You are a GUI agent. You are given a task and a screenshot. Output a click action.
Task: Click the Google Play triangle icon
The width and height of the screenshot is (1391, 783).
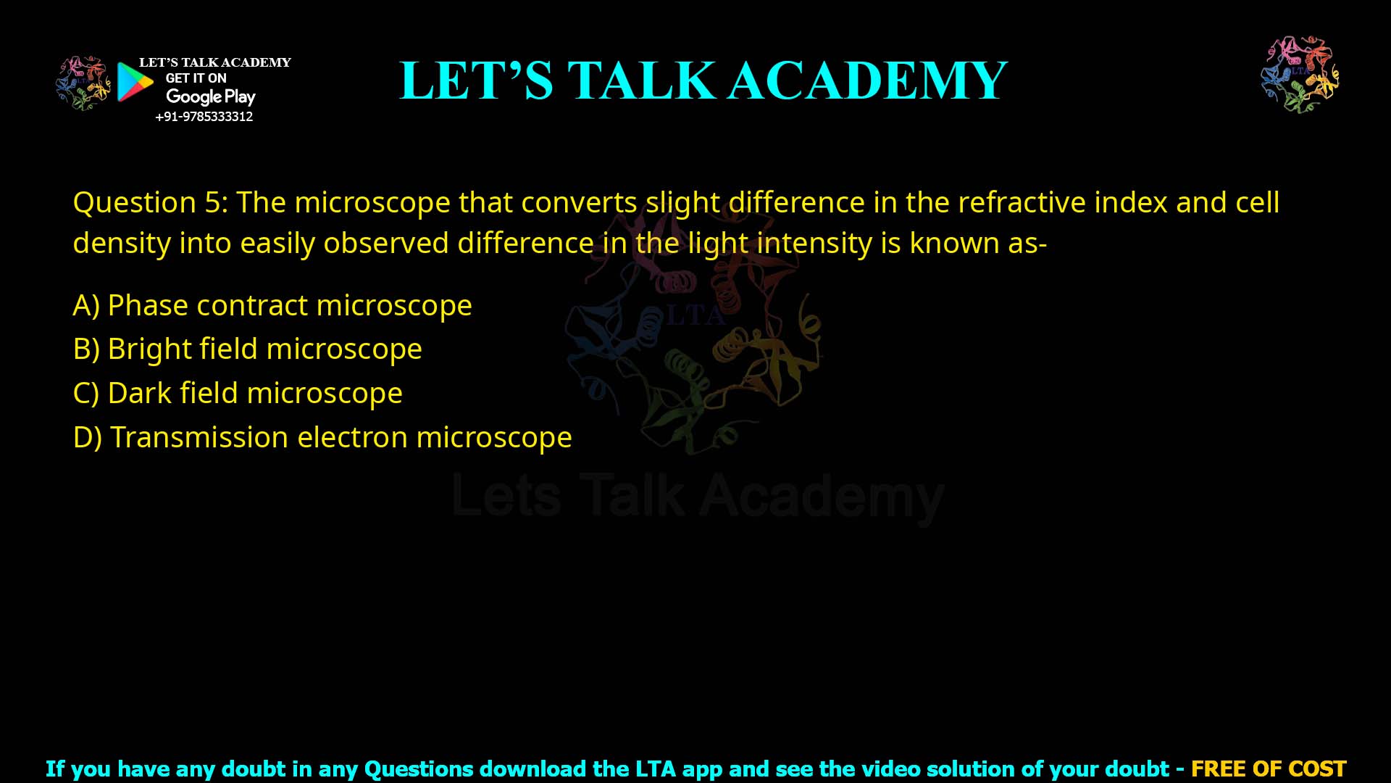(135, 82)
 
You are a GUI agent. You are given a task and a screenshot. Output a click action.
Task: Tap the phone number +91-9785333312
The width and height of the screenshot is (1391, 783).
(204, 117)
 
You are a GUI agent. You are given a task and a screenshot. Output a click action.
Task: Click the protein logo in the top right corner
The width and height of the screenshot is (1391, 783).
(1300, 74)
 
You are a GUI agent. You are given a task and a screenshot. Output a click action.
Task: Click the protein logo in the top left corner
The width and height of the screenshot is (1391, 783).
(83, 83)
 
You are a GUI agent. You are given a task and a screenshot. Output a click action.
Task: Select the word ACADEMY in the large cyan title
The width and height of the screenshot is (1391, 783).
(867, 80)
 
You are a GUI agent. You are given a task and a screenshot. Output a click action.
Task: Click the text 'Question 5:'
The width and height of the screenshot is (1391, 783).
(150, 202)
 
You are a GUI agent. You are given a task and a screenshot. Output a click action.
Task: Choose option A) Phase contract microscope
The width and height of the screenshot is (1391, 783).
(272, 305)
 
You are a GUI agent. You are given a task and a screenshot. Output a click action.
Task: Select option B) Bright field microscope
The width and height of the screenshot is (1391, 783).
(247, 349)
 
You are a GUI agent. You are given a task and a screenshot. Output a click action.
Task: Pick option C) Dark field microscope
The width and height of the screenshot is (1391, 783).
(238, 394)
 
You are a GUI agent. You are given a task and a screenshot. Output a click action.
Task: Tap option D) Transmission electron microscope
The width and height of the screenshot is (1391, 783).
(322, 438)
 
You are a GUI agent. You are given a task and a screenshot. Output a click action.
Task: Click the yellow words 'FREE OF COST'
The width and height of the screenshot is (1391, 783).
(1268, 768)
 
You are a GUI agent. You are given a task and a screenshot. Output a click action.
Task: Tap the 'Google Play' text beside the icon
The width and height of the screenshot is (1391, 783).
(210, 96)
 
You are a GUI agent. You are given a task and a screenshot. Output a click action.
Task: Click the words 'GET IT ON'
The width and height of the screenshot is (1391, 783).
(196, 78)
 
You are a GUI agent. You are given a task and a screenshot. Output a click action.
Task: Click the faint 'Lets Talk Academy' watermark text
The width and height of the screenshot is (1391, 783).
(697, 497)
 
